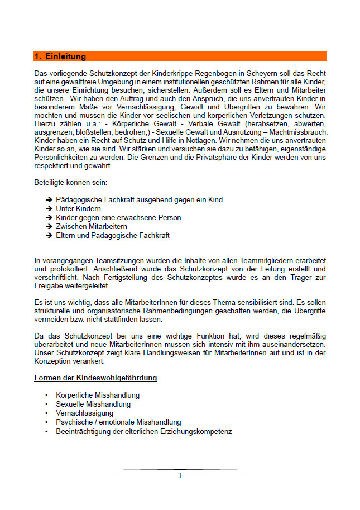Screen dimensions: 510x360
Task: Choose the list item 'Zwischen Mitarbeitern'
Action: coord(92,226)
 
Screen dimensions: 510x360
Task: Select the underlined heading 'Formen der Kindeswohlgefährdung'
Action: coord(95,378)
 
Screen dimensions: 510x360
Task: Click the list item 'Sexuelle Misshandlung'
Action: coord(93,404)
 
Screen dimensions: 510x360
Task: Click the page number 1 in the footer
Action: coord(180,476)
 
